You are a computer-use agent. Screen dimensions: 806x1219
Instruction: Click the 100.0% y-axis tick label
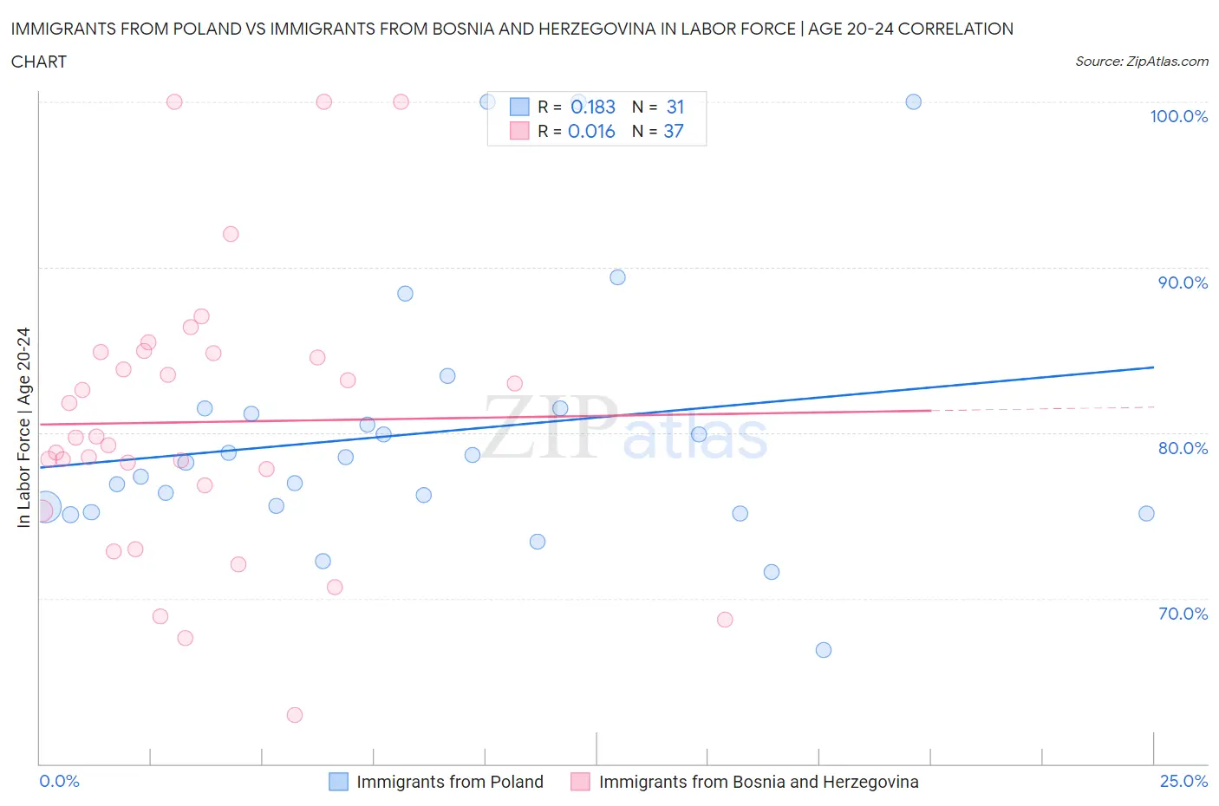click(1178, 116)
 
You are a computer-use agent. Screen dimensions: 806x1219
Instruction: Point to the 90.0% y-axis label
click(1183, 283)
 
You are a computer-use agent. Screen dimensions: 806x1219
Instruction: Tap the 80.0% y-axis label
click(1183, 448)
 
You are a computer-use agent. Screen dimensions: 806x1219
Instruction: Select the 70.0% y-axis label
click(1183, 614)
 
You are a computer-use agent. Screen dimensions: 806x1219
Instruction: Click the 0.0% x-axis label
click(59, 781)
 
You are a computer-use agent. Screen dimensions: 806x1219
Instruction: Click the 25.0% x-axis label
click(1183, 781)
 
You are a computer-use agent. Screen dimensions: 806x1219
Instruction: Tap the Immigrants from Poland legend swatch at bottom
click(338, 782)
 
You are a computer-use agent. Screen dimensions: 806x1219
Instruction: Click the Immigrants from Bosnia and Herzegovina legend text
click(758, 782)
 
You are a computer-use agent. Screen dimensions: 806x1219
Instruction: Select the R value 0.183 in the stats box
click(593, 107)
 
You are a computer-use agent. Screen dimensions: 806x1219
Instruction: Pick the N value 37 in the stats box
click(674, 131)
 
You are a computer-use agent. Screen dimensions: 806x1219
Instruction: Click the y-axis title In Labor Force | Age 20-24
click(24, 427)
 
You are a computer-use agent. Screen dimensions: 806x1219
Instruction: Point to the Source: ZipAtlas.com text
click(1141, 61)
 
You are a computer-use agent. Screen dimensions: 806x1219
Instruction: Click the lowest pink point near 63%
click(295, 715)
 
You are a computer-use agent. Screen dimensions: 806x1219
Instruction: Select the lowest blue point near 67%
click(824, 650)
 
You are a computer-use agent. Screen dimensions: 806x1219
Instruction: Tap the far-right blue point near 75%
click(1146, 513)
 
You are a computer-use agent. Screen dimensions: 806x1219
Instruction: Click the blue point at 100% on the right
click(913, 101)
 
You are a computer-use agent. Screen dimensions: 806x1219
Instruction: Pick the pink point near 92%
click(231, 234)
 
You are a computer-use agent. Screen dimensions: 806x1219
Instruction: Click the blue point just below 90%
click(617, 277)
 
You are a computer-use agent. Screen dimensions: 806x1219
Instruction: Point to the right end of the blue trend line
click(1153, 367)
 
